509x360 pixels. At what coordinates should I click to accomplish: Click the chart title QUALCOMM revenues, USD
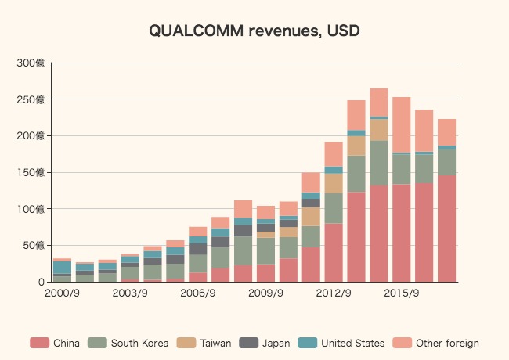point(254,31)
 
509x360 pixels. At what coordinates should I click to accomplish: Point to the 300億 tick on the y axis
point(33,63)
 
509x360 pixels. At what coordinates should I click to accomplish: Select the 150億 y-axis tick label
point(33,172)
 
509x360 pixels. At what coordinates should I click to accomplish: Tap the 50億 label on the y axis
point(35,245)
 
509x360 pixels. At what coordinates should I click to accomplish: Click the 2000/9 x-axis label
point(62,293)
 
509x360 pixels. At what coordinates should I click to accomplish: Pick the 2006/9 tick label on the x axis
point(197,293)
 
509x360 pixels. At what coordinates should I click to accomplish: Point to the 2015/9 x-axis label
point(402,293)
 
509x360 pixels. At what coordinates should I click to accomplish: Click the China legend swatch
point(39,343)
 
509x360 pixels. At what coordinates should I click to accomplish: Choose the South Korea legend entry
point(130,343)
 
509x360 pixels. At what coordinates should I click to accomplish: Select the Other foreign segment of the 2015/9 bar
point(402,124)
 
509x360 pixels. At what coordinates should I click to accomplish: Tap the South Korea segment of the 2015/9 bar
point(402,168)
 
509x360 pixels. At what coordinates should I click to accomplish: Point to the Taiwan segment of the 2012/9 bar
point(334,183)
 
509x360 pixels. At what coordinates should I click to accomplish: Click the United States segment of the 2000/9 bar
point(62,267)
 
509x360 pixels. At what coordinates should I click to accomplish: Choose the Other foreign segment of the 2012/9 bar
point(334,154)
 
